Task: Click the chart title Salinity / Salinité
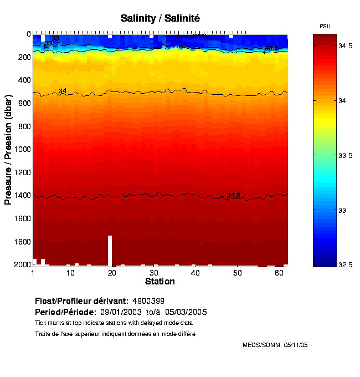(160, 18)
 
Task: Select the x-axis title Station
(160, 281)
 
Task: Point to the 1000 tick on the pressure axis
(20, 149)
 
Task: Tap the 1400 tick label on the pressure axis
(20, 196)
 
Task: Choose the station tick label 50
(237, 273)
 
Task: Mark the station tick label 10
(70, 273)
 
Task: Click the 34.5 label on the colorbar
(346, 46)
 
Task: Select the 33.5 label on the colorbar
(346, 156)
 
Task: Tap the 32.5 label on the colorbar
(346, 266)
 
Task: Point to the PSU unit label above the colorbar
(325, 26)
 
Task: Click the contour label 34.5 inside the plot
(233, 195)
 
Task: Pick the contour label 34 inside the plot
(63, 91)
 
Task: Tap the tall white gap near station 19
(110, 251)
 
